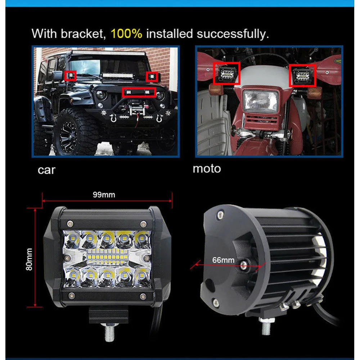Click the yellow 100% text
point(126,34)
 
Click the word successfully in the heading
point(233,34)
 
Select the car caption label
point(46,170)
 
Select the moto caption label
point(207,169)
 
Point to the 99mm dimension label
point(104,195)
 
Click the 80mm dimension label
point(29,259)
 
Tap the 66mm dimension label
point(223,260)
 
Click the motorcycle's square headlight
point(261,101)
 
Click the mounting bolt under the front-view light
point(109,332)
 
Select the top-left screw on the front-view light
point(70,223)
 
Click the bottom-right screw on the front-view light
point(143,296)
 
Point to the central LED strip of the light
point(107,257)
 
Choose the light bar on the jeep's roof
point(108,53)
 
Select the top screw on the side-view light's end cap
point(220,215)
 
